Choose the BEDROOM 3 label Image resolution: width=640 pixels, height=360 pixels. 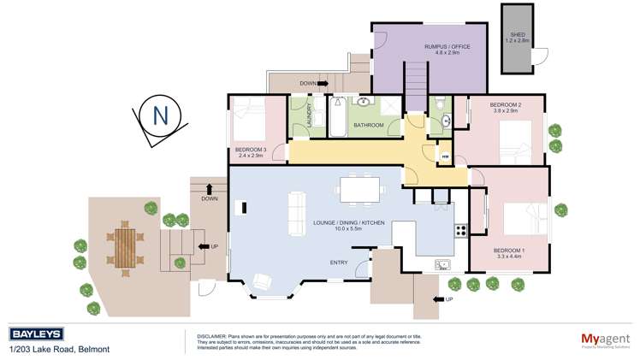click(252, 151)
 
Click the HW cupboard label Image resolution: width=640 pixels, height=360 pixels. click(445, 156)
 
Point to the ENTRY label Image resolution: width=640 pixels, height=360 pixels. click(339, 262)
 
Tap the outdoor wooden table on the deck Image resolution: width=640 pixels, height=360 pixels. click(127, 246)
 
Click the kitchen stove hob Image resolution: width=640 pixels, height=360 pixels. click(460, 229)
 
